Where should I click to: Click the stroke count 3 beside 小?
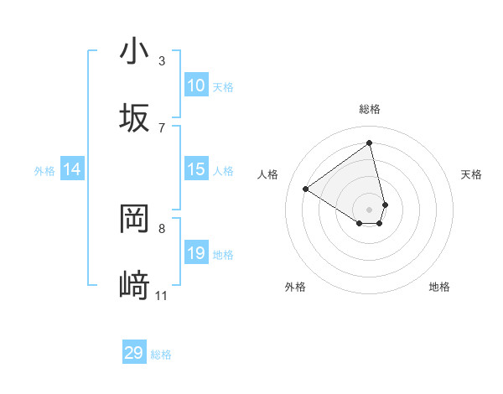(x=162, y=61)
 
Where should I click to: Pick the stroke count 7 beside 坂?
(x=162, y=127)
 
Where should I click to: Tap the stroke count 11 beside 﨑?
(x=161, y=295)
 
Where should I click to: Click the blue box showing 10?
(x=196, y=86)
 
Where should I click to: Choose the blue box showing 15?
(x=196, y=169)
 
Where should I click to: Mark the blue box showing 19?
(x=196, y=253)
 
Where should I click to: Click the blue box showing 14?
(x=72, y=169)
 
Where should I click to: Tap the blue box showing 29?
(x=134, y=353)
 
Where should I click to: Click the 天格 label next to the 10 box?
(x=223, y=86)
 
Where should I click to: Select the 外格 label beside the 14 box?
(x=44, y=170)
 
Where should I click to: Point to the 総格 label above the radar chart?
(x=370, y=109)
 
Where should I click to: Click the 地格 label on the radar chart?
(x=439, y=287)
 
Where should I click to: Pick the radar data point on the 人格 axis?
(x=306, y=189)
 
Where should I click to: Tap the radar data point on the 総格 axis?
(x=370, y=143)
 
